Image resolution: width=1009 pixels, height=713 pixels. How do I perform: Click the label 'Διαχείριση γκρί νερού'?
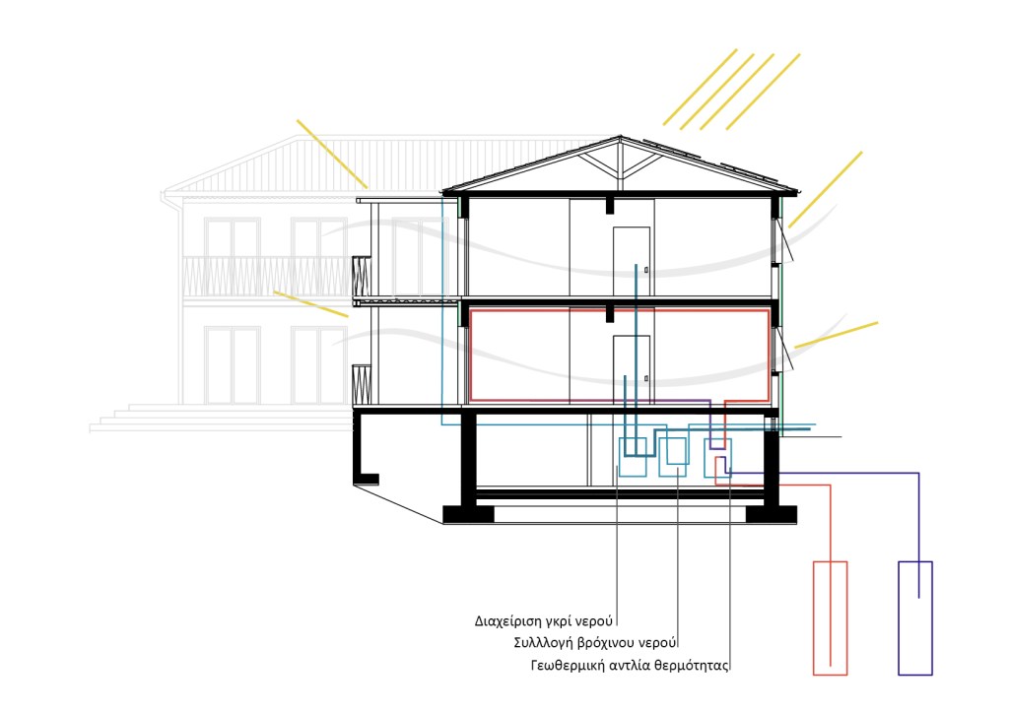(544, 621)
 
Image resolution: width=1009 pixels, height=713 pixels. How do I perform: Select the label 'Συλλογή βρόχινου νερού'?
(595, 643)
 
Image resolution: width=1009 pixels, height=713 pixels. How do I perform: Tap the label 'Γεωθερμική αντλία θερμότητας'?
(630, 666)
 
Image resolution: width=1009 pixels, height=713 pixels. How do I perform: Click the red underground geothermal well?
(830, 617)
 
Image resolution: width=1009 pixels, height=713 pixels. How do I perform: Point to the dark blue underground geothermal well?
(915, 617)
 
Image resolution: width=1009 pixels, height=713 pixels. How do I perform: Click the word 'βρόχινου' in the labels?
(607, 643)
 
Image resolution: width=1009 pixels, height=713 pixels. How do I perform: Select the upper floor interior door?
(632, 261)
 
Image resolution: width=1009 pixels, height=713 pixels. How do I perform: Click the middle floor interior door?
(632, 369)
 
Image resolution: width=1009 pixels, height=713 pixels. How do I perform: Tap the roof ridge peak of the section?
(621, 136)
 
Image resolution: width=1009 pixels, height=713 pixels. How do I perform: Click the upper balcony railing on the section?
(362, 277)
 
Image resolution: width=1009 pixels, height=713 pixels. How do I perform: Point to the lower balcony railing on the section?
(362, 384)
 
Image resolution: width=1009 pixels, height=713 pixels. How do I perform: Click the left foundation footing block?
(468, 514)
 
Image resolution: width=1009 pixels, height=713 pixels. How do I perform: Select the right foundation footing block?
(771, 514)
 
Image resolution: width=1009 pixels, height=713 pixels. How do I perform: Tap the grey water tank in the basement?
(633, 457)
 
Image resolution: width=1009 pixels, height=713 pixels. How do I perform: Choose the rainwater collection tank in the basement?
(672, 457)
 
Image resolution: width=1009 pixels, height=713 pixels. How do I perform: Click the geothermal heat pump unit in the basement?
(717, 458)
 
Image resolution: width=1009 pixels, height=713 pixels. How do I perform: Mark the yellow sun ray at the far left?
(331, 153)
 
